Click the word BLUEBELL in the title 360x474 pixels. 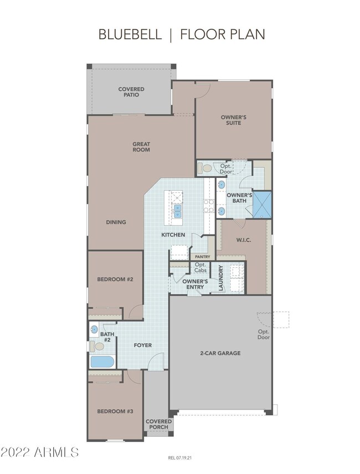pos(130,34)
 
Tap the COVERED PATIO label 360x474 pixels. pos(131,92)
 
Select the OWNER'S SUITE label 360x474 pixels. pos(234,120)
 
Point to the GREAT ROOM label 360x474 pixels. pos(141,147)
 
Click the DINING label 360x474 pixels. pos(116,222)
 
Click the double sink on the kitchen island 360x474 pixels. pos(177,211)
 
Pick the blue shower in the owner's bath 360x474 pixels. pos(262,205)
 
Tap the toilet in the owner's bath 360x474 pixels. pos(205,169)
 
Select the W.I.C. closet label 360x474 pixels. pos(244,240)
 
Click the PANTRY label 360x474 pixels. pos(202,257)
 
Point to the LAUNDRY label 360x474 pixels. pos(220,278)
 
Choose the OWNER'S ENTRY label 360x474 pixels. pos(195,284)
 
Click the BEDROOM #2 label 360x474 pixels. pos(115,279)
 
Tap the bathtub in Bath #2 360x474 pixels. pos(102,362)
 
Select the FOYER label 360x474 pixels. pos(143,345)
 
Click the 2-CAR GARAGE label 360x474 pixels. pos(220,353)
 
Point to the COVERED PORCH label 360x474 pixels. pos(158,424)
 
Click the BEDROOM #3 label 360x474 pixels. pos(115,411)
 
